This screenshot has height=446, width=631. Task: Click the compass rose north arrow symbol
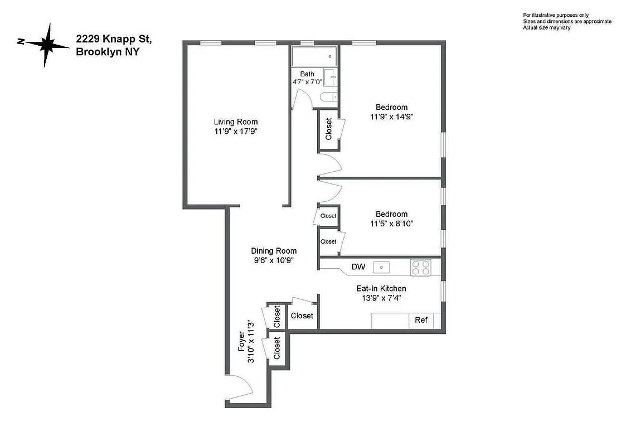46,44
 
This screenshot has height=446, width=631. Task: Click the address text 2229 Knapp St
114,39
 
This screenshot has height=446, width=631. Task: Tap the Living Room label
236,122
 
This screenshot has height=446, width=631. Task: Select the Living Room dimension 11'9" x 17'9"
236,132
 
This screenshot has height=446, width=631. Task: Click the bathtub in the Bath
314,56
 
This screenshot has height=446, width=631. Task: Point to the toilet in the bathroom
328,98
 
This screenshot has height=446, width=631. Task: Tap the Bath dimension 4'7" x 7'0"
307,82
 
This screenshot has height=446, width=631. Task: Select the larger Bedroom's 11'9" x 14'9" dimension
391,117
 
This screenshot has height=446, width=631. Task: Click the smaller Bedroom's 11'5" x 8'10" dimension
391,224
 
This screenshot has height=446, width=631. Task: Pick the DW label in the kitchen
358,267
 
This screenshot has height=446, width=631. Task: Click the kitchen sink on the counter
381,267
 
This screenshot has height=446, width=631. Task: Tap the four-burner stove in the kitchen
421,268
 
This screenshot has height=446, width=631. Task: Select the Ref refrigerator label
421,320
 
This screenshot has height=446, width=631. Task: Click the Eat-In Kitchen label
381,288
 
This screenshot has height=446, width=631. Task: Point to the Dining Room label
273,251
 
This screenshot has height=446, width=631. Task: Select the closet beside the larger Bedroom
328,129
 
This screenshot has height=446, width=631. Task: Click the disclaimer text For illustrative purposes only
555,15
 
